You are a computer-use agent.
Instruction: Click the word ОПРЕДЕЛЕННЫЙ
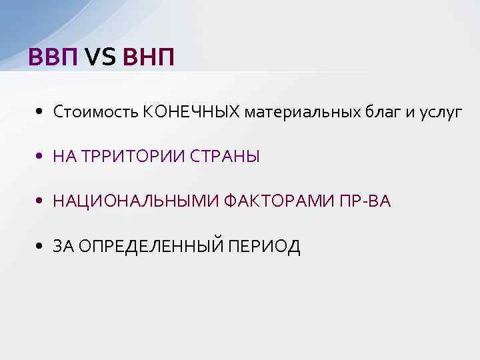pyautogui.click(x=151, y=247)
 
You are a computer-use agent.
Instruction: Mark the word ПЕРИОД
pyautogui.click(x=264, y=247)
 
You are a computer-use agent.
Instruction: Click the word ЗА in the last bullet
pyautogui.click(x=63, y=247)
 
